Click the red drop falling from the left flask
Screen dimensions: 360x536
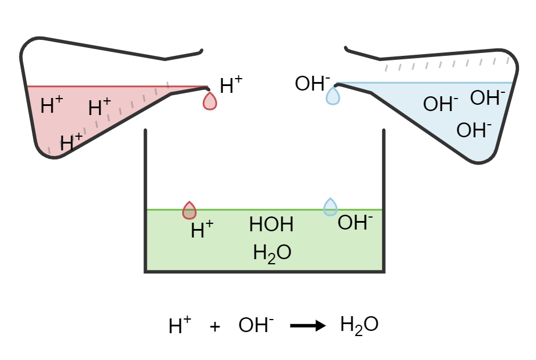pos(210,101)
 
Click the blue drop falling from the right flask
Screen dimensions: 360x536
pos(333,96)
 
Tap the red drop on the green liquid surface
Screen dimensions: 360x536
pos(189,211)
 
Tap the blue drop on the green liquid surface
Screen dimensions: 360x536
pos(330,207)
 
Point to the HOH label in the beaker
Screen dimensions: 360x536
pos(271,225)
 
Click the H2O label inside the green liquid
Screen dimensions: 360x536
pos(272,252)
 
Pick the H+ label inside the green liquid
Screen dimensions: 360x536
pos(202,230)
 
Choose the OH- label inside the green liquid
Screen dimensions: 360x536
pos(355,223)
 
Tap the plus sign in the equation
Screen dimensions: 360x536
pos(215,327)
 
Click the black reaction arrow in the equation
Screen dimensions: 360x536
pos(308,326)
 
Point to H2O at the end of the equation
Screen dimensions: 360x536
pos(359,325)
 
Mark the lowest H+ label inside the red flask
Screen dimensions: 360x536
pos(71,142)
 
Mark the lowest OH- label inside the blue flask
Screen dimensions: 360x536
pos(474,130)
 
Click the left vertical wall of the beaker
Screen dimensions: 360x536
pos(146,199)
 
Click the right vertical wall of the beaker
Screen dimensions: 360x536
pos(384,199)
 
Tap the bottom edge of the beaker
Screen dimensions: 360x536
pos(265,271)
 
